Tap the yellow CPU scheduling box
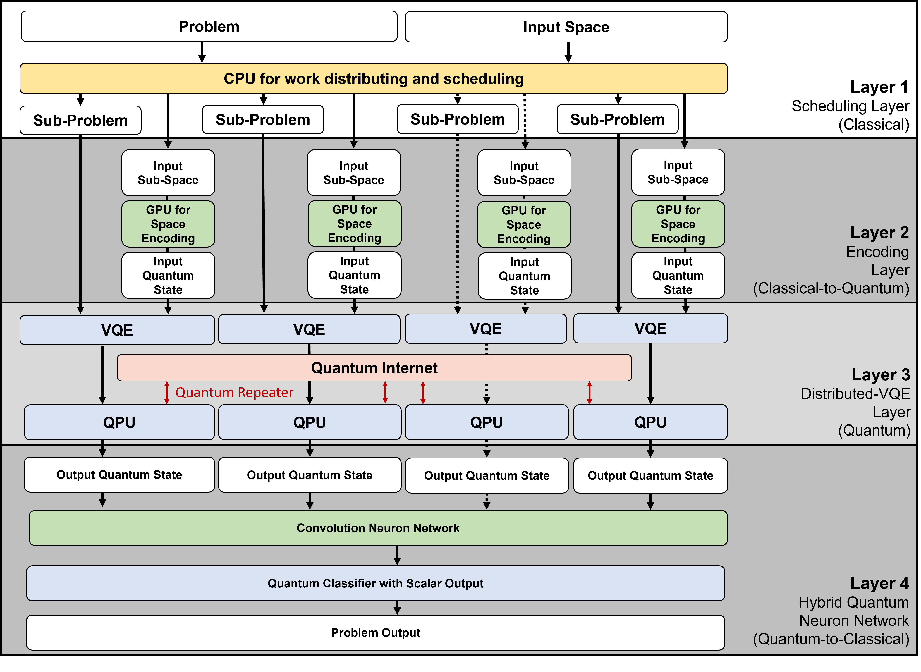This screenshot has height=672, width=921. (373, 78)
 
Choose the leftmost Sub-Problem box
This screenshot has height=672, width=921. (80, 120)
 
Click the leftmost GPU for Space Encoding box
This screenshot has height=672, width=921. (168, 224)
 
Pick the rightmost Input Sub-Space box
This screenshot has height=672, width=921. (678, 172)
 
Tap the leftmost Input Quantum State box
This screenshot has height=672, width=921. (168, 275)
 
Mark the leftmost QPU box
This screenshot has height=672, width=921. (119, 422)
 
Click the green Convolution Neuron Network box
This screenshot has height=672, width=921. (378, 528)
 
